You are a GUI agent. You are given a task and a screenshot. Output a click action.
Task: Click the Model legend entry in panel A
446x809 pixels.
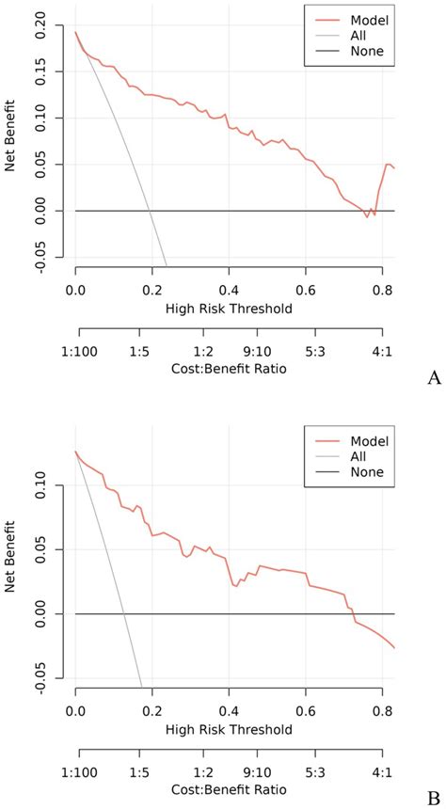[361, 18]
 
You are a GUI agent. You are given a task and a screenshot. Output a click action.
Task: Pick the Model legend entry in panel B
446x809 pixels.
[361, 439]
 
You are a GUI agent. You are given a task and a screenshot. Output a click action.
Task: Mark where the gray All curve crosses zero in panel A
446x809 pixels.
[150, 211]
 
